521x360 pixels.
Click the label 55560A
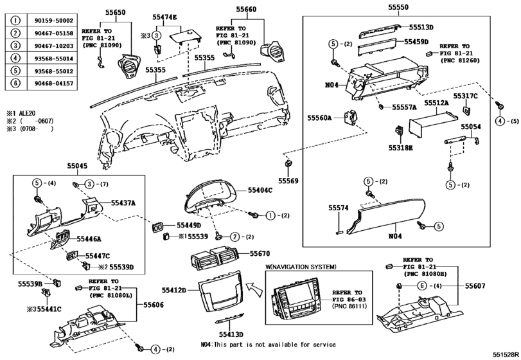point(319,118)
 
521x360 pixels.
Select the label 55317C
point(465,96)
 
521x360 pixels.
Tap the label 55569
point(288,181)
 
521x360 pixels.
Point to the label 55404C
point(261,191)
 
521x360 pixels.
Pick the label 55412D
point(173,291)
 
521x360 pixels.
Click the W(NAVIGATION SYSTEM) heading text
point(301,265)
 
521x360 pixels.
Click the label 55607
point(477,285)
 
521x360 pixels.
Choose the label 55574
point(338,208)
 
